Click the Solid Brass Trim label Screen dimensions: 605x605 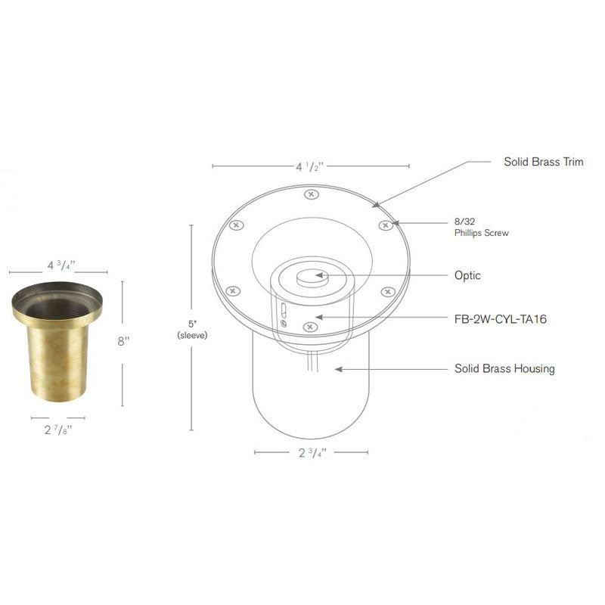[x=543, y=162]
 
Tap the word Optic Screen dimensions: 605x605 [x=468, y=276]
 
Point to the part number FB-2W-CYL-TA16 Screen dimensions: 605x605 [x=501, y=319]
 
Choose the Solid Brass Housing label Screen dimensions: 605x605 [x=504, y=369]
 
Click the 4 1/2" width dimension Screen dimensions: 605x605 [x=311, y=167]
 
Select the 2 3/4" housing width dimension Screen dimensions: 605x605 [x=311, y=454]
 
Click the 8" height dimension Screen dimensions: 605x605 [x=123, y=341]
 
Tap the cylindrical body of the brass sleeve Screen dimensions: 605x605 [x=57, y=363]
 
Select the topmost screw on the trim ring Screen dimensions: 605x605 [x=309, y=195]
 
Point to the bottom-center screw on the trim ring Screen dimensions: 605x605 [x=309, y=326]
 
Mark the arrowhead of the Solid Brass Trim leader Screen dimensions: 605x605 [x=375, y=203]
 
